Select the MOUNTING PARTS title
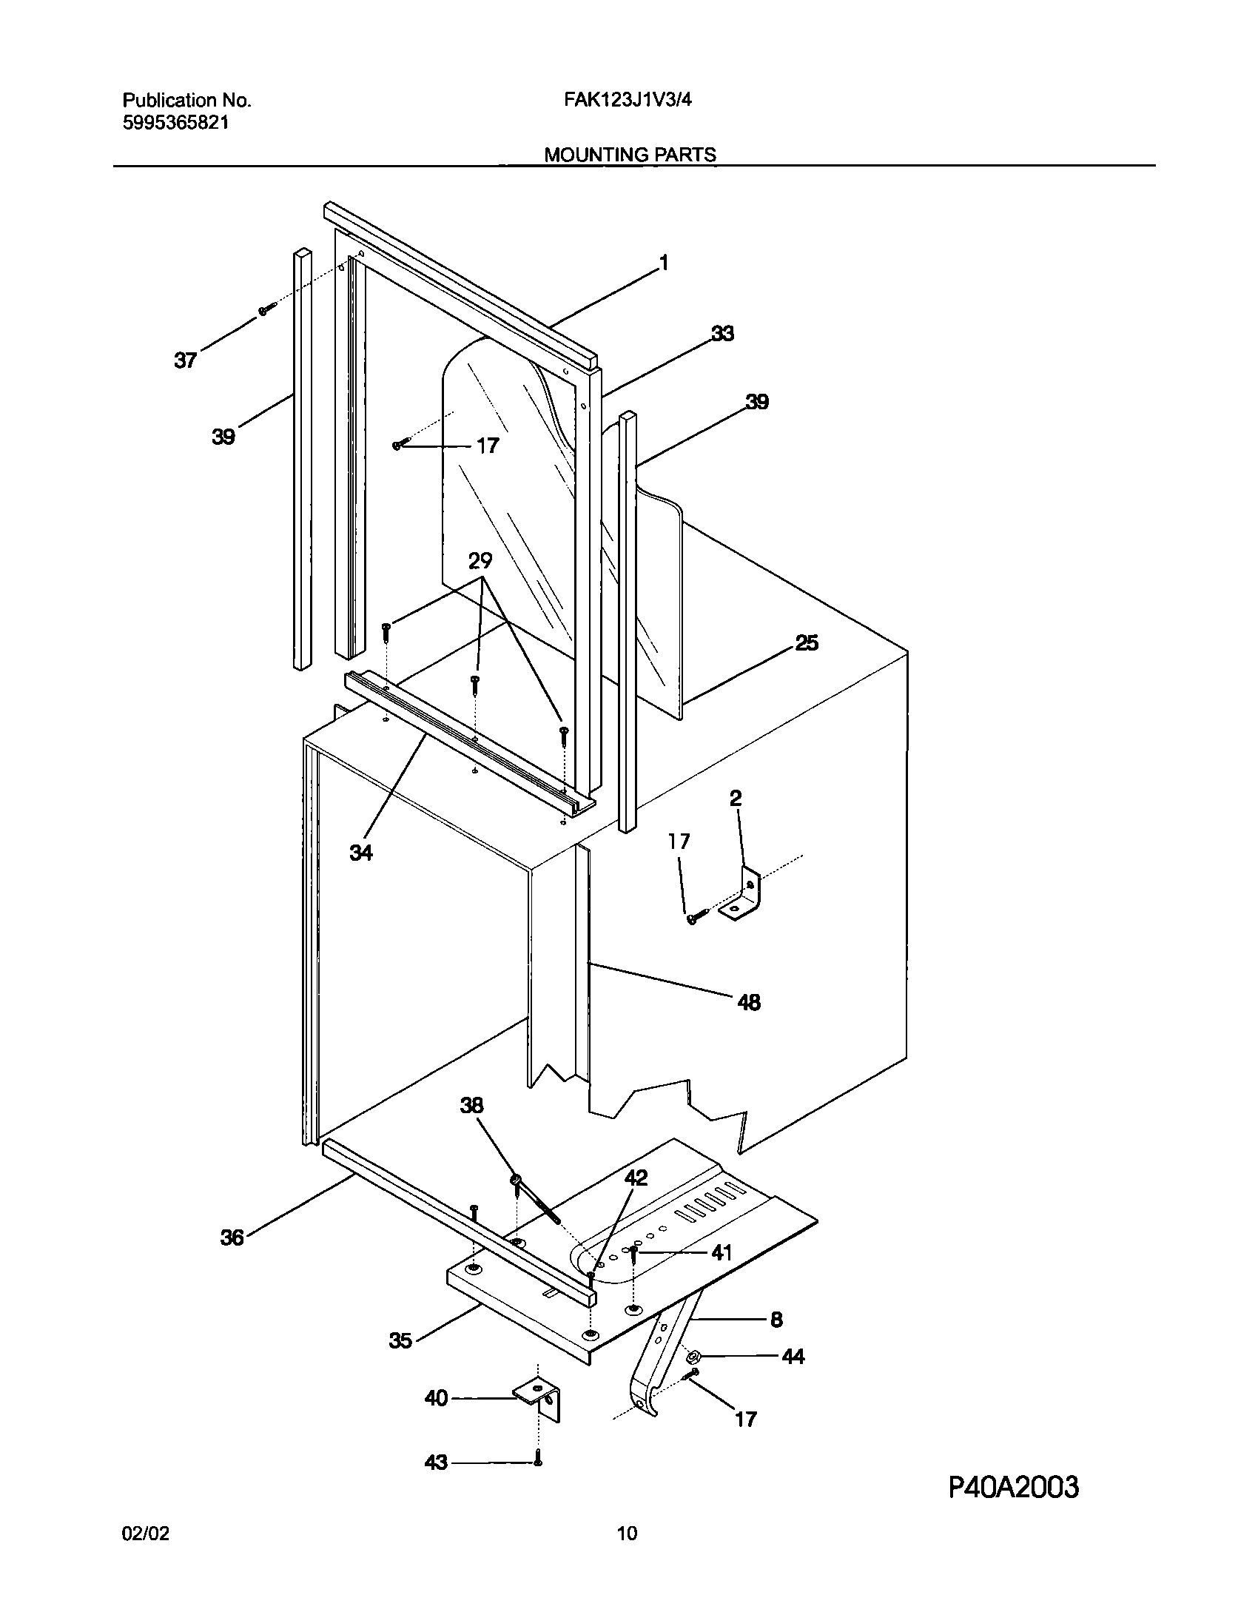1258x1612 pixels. [x=630, y=154]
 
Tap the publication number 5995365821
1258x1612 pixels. [x=175, y=123]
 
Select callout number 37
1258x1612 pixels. [x=185, y=360]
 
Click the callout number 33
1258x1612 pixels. [x=722, y=334]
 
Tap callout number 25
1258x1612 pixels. [x=807, y=643]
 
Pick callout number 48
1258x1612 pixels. [x=749, y=1002]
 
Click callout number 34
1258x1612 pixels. [x=361, y=853]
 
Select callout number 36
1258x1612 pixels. [x=232, y=1237]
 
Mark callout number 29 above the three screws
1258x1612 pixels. [x=480, y=561]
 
